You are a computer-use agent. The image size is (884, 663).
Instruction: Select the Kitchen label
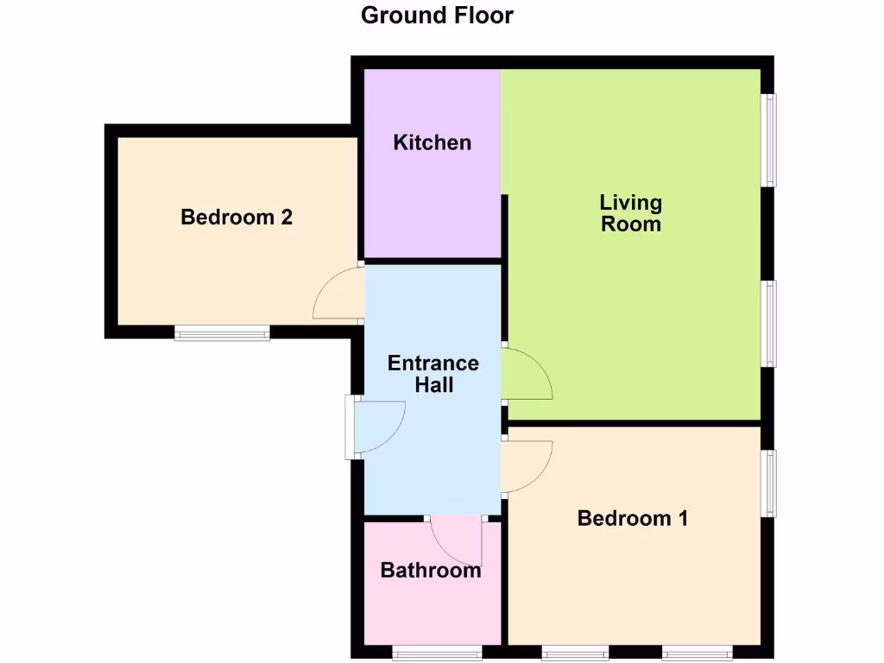click(433, 142)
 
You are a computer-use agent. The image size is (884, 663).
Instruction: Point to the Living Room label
click(631, 213)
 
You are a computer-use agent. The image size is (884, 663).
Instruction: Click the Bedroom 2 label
click(237, 217)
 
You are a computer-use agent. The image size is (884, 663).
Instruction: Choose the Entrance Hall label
click(433, 374)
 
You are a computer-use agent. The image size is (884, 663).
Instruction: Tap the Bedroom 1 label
click(633, 519)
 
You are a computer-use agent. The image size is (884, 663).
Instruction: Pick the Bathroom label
click(431, 571)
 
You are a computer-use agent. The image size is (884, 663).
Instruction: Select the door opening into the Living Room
click(527, 375)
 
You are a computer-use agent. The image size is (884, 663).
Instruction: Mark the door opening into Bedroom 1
click(527, 467)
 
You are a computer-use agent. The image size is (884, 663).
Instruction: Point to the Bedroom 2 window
click(222, 332)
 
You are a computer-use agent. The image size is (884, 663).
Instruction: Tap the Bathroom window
click(437, 652)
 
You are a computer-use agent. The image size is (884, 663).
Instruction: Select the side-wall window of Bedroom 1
click(767, 483)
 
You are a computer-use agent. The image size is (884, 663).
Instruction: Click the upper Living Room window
click(767, 140)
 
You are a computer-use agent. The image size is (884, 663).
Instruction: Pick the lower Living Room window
click(767, 323)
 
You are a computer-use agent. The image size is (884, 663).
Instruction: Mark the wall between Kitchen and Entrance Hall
click(433, 261)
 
